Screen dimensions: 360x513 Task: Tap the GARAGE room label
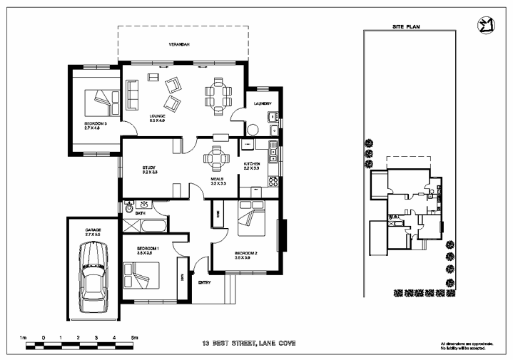pos(93,232)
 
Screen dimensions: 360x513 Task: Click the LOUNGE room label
pos(157,116)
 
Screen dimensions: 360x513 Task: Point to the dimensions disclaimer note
pos(463,346)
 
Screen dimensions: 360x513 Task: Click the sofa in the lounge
pos(132,95)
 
